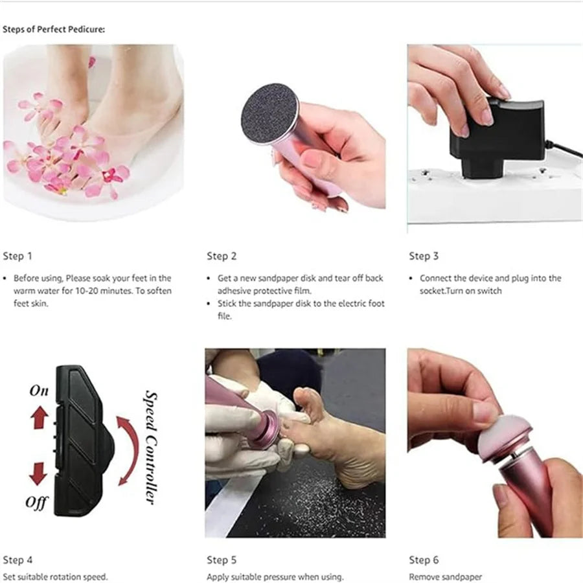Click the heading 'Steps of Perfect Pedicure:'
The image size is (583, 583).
54,30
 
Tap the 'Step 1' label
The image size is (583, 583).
17,256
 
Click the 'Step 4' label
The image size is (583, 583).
17,560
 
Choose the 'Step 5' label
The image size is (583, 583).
222,560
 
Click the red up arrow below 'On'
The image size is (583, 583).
40,418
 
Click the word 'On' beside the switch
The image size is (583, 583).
39,391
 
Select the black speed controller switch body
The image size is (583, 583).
81,440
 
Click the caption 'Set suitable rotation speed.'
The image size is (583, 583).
55,576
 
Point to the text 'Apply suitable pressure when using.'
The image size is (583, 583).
275,576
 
